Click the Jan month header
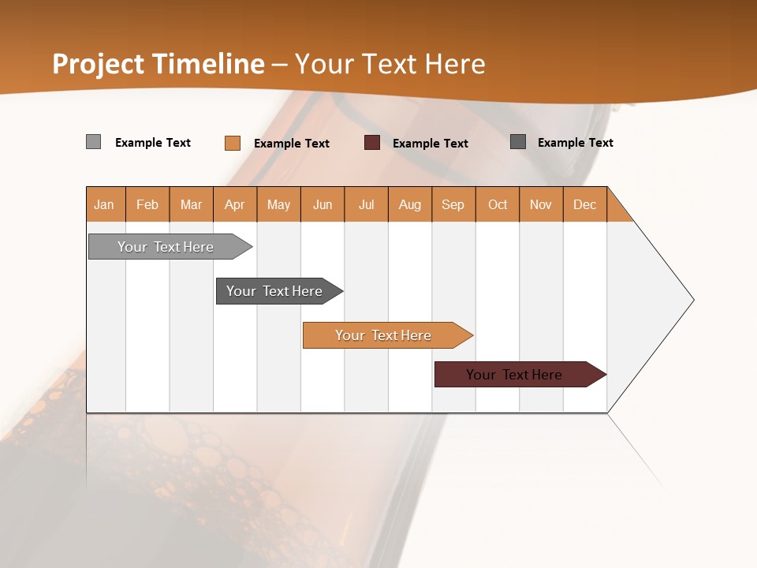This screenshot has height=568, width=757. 105,204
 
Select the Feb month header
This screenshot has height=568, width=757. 147,204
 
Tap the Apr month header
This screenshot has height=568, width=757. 235,204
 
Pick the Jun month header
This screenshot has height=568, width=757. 323,204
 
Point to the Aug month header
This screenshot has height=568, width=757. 410,204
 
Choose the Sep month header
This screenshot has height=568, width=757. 453,204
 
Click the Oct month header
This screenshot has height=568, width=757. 498,204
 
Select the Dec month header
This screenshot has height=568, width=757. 585,204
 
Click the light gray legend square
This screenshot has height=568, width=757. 93,142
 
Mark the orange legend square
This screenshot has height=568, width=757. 232,143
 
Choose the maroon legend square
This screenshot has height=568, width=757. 372,143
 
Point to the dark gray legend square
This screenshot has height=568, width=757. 518,142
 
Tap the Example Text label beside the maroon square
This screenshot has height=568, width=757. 431,144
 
